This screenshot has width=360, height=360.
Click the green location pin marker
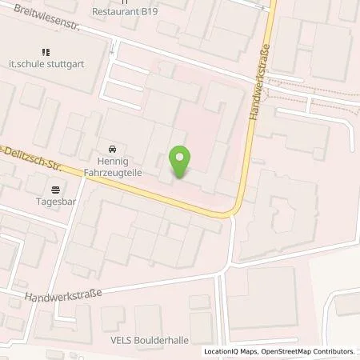(181, 162)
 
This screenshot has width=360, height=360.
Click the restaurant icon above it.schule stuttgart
(56, 52)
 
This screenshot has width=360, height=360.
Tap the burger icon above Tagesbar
(55, 190)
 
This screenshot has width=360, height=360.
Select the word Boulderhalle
(163, 340)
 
